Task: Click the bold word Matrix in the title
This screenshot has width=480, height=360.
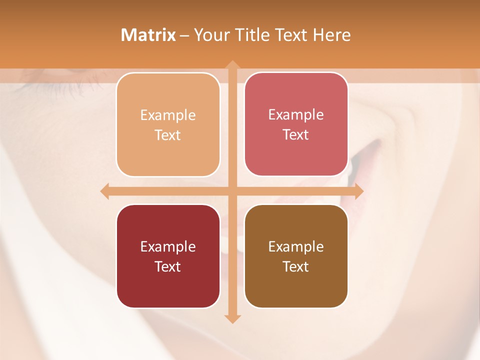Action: coord(148,35)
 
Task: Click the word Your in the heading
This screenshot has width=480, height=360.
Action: coord(211,35)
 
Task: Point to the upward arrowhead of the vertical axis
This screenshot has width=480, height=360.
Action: coord(232,65)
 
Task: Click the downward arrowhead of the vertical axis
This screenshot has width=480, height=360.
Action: coord(232,318)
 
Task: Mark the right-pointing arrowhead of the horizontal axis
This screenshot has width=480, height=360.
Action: coord(358,191)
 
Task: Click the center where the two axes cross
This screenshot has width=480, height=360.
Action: coord(232,191)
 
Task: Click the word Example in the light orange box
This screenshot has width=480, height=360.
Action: coord(168,115)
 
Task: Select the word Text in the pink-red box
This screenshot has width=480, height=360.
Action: coord(296,134)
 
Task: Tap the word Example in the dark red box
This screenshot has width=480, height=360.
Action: coord(168,247)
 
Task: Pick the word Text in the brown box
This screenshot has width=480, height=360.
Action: coord(296,266)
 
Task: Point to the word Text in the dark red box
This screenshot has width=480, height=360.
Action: coord(168,266)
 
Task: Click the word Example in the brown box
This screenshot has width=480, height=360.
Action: coord(296,247)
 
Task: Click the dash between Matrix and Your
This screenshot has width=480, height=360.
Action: coord(184,35)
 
